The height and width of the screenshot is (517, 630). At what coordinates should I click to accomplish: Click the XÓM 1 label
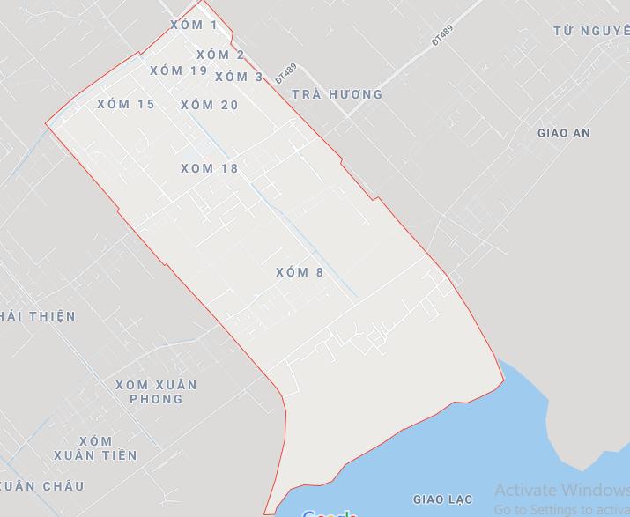click(x=193, y=25)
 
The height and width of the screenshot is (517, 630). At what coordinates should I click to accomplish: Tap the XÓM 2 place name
click(x=220, y=55)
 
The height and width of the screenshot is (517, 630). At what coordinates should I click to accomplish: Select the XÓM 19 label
click(x=179, y=70)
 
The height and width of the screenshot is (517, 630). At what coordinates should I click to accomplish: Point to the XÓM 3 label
click(x=239, y=77)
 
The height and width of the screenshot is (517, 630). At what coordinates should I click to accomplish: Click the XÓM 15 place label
click(x=126, y=104)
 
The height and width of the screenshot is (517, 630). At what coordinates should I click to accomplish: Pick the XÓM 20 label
click(x=210, y=105)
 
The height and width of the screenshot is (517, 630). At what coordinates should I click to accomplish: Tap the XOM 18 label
click(x=210, y=168)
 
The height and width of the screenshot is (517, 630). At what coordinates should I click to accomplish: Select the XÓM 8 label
click(x=300, y=272)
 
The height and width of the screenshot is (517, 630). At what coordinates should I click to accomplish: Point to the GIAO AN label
click(x=563, y=133)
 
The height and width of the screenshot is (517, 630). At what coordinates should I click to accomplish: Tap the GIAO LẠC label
click(x=442, y=499)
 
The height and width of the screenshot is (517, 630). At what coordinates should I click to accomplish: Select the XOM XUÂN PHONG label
click(x=157, y=392)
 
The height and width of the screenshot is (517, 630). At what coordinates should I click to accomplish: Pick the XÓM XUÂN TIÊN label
click(x=95, y=448)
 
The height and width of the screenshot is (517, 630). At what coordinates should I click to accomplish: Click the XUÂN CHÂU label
click(x=41, y=486)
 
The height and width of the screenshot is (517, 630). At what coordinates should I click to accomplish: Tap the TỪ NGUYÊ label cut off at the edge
click(x=591, y=31)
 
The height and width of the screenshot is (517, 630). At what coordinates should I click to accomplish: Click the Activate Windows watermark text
click(x=561, y=491)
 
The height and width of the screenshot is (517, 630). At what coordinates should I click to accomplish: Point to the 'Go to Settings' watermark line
click(x=561, y=509)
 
